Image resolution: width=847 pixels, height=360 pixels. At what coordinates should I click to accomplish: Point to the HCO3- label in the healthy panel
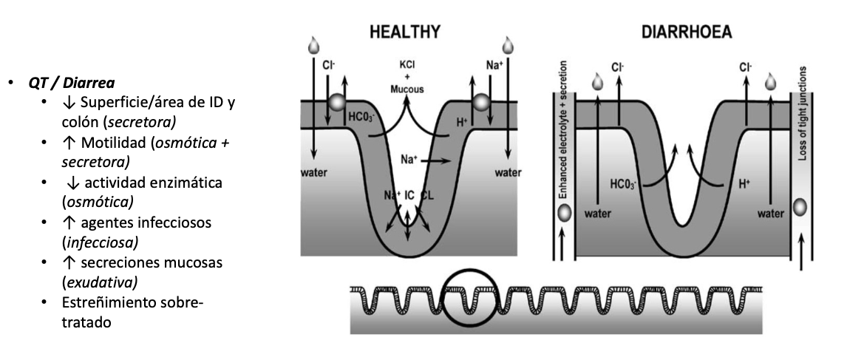point(361,117)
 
